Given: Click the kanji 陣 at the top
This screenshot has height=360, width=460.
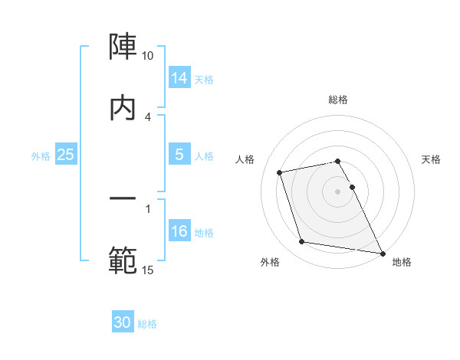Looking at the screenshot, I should click(123, 48).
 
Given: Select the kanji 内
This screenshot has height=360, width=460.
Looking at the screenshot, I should click(123, 108).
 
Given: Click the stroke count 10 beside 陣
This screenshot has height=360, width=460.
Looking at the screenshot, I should click(148, 56).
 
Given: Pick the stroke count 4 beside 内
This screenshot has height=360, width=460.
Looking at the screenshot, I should click(148, 116).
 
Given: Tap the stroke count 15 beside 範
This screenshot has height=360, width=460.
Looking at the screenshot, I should click(148, 270).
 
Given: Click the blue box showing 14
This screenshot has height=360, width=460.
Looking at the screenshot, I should click(179, 78).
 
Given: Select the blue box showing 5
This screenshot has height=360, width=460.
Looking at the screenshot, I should click(179, 155).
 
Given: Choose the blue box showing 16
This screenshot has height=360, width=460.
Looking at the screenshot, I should click(179, 231).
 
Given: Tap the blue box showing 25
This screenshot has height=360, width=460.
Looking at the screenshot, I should click(65, 155).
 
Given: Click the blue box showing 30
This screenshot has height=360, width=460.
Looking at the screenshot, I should click(123, 322).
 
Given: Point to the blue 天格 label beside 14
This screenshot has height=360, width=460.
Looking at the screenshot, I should click(204, 79).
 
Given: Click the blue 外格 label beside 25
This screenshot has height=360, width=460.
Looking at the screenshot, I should click(41, 155).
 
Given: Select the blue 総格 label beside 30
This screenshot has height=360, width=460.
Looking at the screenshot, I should click(147, 323).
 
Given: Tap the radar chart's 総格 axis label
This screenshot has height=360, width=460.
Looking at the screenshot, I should click(338, 100).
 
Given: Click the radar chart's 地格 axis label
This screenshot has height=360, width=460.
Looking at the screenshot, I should click(402, 262).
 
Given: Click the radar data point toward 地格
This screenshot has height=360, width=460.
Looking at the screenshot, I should click(381, 253).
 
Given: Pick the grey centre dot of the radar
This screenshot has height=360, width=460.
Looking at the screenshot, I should click(338, 191).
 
